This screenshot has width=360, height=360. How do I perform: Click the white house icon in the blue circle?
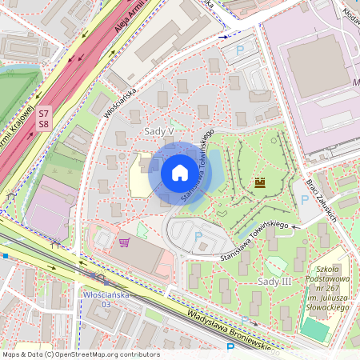[x=179, y=173]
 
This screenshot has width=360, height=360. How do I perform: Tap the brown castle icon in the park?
[x=259, y=182]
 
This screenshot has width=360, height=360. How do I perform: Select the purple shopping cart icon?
[x=124, y=242]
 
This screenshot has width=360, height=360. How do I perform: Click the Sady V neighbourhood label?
[x=159, y=130]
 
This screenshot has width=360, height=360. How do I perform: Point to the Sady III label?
[x=274, y=281]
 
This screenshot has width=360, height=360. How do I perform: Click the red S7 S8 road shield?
[x=43, y=118]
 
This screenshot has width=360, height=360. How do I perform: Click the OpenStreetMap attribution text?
[x=81, y=354]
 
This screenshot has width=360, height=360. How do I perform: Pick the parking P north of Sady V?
[x=240, y=50]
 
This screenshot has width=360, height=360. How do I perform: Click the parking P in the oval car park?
[x=198, y=235]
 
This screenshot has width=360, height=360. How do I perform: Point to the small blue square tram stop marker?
[x=5, y=256]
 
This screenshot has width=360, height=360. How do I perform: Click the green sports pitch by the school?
[x=314, y=329]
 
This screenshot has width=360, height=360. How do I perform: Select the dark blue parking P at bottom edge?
[x=230, y=348]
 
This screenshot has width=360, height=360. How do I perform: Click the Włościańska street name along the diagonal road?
[x=121, y=102]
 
